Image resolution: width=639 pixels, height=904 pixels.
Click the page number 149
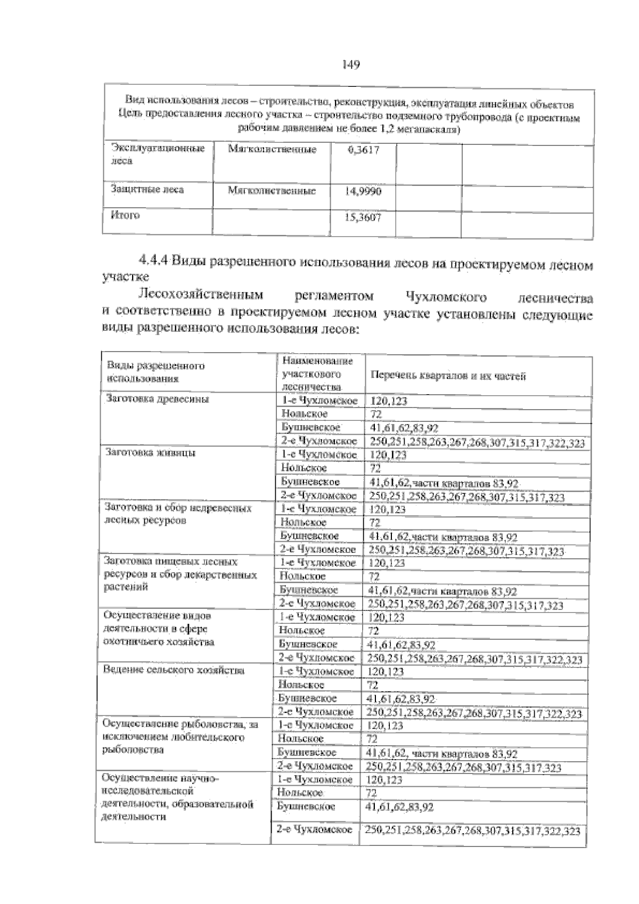click(351, 65)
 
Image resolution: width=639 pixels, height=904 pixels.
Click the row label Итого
click(125, 215)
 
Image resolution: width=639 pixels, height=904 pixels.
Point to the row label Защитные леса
click(147, 189)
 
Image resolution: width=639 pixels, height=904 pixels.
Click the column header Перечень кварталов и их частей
click(448, 376)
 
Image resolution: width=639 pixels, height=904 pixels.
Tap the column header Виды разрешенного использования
click(156, 372)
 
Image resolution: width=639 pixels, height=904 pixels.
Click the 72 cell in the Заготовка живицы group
click(375, 469)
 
